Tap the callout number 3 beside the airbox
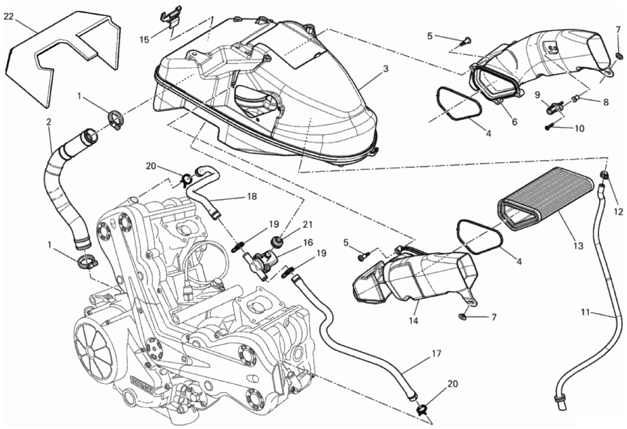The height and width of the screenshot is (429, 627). [x=385, y=69]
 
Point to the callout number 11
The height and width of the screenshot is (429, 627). [x=585, y=312]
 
